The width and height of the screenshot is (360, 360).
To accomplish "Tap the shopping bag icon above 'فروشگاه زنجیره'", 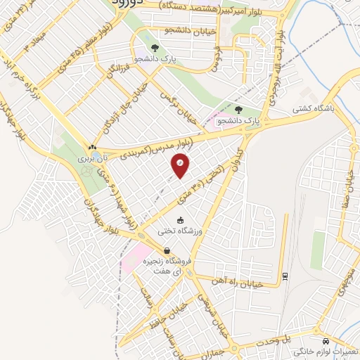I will pyautogui.click(x=167, y=250).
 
